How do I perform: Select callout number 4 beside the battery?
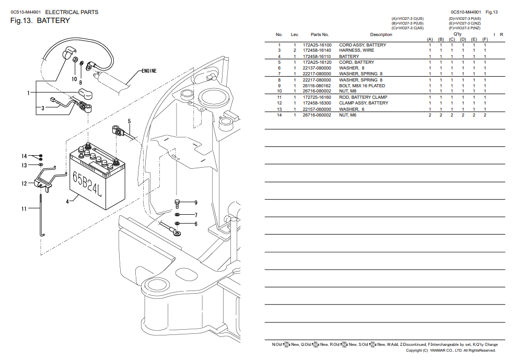pyautogui.click(x=67, y=201)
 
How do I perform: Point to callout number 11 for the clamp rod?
pyautogui.click(x=24, y=209)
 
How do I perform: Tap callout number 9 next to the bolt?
pyautogui.click(x=195, y=202)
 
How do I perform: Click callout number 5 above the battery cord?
pyautogui.click(x=129, y=121)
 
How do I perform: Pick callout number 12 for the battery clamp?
pyautogui.click(x=24, y=183)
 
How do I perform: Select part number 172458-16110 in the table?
pyautogui.click(x=317, y=56)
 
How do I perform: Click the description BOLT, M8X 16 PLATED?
pyautogui.click(x=362, y=86)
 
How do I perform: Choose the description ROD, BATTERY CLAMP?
pyautogui.click(x=363, y=97)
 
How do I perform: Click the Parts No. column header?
pyautogui.click(x=320, y=34)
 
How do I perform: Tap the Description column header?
pyautogui.click(x=381, y=34)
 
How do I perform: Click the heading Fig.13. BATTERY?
pyautogui.click(x=40, y=21)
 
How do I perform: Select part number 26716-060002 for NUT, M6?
pyautogui.click(x=317, y=115)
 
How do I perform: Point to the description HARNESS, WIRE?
pyautogui.click(x=356, y=50)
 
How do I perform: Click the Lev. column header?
pyautogui.click(x=295, y=34)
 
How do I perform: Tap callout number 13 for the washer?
pyautogui.click(x=24, y=165)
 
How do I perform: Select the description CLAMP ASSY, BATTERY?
pyautogui.click(x=364, y=103)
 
